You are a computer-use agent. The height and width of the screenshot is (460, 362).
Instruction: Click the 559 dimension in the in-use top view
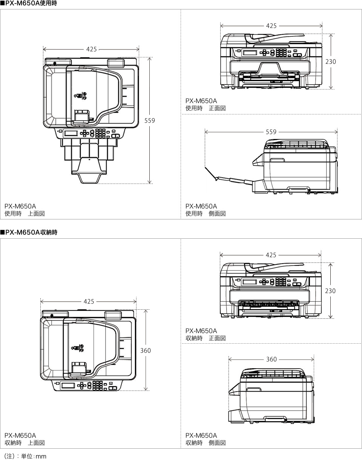(x=150, y=120)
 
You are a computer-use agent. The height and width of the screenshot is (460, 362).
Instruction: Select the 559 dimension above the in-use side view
(x=271, y=132)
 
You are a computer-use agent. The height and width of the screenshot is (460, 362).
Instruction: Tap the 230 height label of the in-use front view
(x=330, y=61)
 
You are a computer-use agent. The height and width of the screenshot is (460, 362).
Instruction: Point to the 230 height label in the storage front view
(x=330, y=291)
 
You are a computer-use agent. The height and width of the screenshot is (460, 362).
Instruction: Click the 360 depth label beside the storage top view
(x=146, y=350)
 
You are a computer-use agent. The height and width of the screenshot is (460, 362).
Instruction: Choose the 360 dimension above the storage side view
(x=271, y=359)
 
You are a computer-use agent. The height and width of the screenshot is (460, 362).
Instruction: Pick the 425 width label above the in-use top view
(x=91, y=49)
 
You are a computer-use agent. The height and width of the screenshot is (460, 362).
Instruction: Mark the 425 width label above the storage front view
(x=271, y=255)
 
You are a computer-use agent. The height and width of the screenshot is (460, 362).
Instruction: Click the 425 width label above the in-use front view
(x=271, y=26)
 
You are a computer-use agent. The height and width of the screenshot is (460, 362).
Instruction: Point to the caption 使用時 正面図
(x=206, y=108)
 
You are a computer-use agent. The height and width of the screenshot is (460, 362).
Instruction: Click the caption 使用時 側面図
(x=206, y=214)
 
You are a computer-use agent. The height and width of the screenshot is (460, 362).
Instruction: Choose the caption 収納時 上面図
(x=25, y=443)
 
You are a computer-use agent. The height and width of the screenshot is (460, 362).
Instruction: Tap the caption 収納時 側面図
(x=206, y=443)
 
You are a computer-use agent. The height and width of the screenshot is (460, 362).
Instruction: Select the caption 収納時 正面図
(x=206, y=338)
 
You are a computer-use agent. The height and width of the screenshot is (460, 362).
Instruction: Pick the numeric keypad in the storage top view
(x=98, y=385)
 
